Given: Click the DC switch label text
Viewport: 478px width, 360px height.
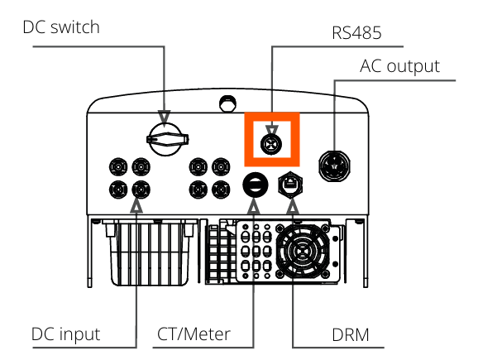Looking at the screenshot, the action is pyautogui.click(x=61, y=26).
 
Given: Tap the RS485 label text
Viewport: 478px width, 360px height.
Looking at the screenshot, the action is pyautogui.click(x=356, y=32).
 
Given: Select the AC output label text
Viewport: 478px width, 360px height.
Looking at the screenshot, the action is pyautogui.click(x=399, y=66).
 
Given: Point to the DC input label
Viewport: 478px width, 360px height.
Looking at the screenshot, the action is pyautogui.click(x=66, y=334).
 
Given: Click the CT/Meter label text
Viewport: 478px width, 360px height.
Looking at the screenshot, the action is pyautogui.click(x=194, y=334).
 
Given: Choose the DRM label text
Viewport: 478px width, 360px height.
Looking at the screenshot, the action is pyautogui.click(x=351, y=334).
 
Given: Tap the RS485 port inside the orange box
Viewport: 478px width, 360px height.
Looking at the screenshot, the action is pyautogui.click(x=271, y=144).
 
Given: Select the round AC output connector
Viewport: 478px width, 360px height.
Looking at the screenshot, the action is pyautogui.click(x=334, y=166).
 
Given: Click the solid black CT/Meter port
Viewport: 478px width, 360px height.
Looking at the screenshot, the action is pyautogui.click(x=256, y=185).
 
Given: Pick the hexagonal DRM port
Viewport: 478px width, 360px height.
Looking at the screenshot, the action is pyautogui.click(x=291, y=185).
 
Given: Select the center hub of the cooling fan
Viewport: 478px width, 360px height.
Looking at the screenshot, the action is pyautogui.click(x=303, y=251).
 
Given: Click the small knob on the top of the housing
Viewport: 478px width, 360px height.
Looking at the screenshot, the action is pyautogui.click(x=227, y=103).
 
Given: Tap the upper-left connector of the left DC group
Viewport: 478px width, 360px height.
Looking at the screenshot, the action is pyautogui.click(x=118, y=167).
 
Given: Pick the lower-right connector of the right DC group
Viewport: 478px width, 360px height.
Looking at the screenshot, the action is pyautogui.click(x=221, y=190).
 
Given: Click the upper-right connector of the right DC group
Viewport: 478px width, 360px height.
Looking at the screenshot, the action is pyautogui.click(x=221, y=167).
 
